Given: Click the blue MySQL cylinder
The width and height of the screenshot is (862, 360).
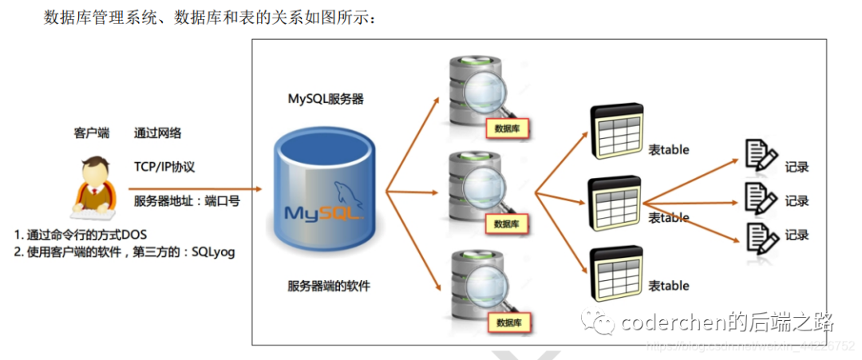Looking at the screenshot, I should coord(325,192).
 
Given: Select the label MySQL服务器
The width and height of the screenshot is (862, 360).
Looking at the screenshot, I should coord(326,99).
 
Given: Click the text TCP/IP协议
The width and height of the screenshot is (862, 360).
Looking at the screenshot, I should coord(164,167).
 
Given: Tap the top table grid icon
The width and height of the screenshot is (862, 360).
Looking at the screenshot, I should coord(615,133).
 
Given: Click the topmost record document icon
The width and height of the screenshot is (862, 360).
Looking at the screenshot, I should coord(759,156).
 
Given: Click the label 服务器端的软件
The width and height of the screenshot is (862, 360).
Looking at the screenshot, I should coord(329,286).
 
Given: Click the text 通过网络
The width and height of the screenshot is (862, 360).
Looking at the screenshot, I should coord(157,133).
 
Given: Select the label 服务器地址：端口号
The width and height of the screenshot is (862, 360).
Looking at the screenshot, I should coord(187,201).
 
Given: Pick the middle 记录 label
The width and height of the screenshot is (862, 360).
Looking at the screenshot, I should coord(797,201).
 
